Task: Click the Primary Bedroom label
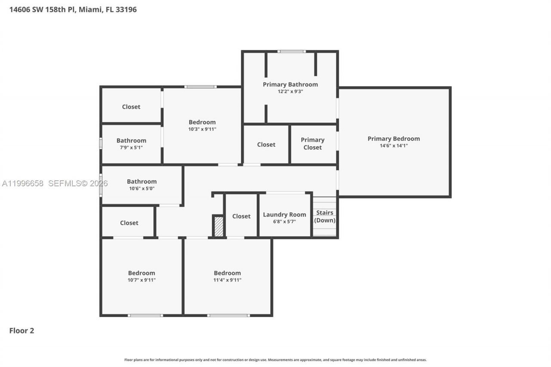click(393, 139)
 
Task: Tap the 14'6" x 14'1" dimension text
click(393, 146)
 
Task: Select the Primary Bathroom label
click(290, 84)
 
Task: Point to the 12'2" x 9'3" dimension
click(290, 92)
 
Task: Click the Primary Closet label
click(313, 144)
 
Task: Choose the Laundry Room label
click(284, 215)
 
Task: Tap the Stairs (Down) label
click(325, 216)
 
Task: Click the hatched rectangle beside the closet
click(219, 226)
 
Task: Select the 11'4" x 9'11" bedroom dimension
click(227, 280)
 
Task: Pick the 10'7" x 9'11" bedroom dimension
click(141, 280)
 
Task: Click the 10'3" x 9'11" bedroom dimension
click(202, 129)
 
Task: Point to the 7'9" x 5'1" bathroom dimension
click(131, 148)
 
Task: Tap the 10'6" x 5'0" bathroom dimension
click(142, 188)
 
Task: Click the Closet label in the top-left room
click(131, 107)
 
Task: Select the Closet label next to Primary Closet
click(266, 145)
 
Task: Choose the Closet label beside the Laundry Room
click(241, 216)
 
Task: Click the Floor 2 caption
click(22, 331)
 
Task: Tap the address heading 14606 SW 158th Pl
click(73, 9)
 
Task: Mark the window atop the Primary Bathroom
click(291, 52)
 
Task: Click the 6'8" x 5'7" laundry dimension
click(284, 222)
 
